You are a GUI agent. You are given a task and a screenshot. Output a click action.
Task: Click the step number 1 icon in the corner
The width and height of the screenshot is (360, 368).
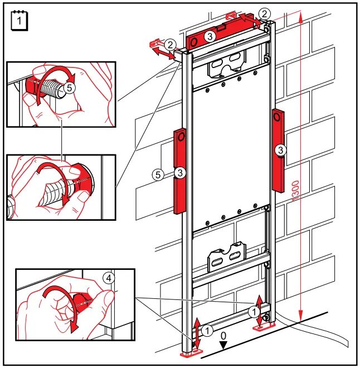[19, 21]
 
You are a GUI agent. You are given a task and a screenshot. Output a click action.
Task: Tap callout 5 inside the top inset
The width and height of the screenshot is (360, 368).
[68, 88]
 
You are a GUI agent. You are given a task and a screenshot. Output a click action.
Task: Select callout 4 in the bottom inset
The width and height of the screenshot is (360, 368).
[109, 277]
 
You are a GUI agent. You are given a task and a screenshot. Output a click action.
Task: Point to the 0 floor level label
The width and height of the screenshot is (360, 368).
[223, 337]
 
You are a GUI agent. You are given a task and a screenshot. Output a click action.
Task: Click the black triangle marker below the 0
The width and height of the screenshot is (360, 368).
[223, 346]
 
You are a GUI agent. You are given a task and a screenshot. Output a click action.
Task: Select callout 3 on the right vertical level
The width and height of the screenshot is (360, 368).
[281, 149]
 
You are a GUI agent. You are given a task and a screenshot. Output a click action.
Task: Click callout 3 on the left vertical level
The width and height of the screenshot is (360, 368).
[179, 174]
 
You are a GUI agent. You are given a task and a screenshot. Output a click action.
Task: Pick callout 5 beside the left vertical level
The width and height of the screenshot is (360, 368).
[159, 175]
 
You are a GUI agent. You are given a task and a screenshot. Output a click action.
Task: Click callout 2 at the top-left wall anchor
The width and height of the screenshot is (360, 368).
[171, 43]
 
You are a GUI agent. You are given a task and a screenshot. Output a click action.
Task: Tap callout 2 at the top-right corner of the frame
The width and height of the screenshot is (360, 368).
[265, 13]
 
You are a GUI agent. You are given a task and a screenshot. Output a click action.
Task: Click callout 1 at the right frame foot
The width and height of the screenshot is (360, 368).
[255, 311]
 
